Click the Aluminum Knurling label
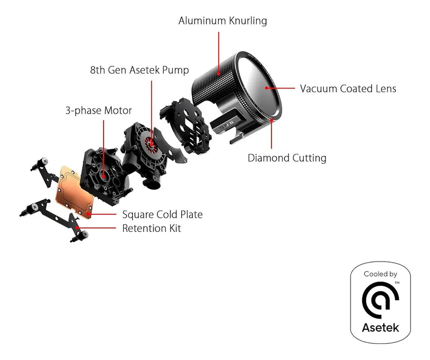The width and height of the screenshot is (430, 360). click(x=223, y=21)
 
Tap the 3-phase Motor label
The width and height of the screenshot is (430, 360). click(x=98, y=110)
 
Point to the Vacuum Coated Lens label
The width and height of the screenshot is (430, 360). click(x=348, y=89)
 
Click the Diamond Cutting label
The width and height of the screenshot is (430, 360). click(x=286, y=158)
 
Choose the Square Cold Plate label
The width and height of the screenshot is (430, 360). click(x=162, y=215)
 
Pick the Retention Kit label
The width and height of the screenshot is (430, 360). click(x=152, y=229)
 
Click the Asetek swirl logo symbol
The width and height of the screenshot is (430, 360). click(x=380, y=300)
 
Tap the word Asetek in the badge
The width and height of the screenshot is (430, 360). click(x=381, y=327)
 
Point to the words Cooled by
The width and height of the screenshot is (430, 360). click(x=381, y=274)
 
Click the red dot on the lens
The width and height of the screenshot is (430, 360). click(x=267, y=88)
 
